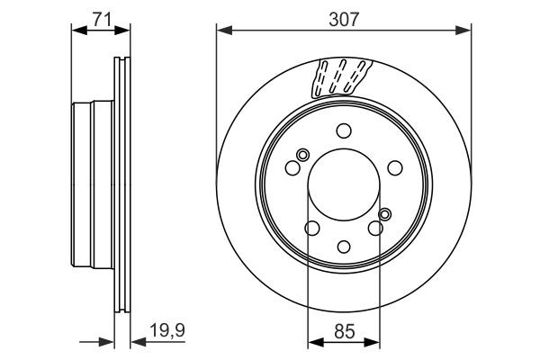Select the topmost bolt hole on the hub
344,130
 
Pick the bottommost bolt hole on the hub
344,246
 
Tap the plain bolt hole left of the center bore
292,166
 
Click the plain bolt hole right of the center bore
394,166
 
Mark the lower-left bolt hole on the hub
310,228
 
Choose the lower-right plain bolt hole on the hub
376,228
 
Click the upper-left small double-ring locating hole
301,154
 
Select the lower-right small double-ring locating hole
385,213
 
